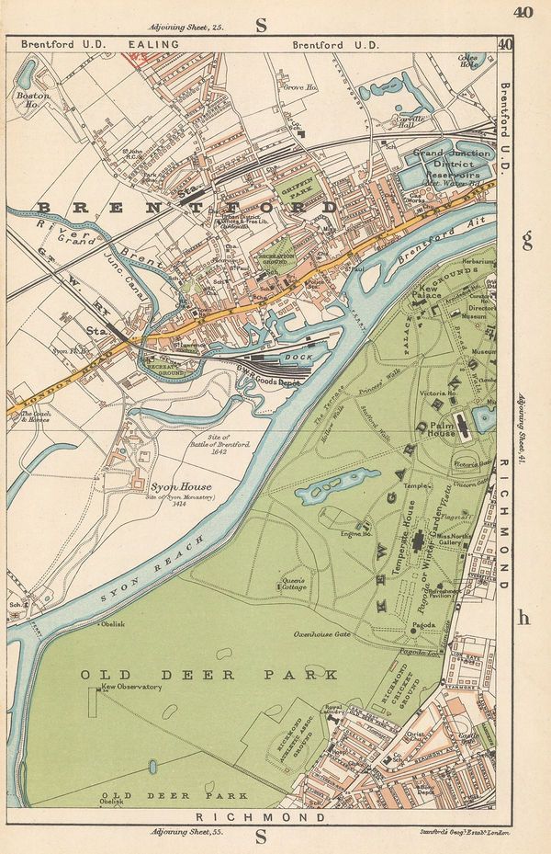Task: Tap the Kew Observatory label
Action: coord(132,687)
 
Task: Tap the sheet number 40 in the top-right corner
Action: coord(523,13)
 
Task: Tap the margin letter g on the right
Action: coord(526,241)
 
